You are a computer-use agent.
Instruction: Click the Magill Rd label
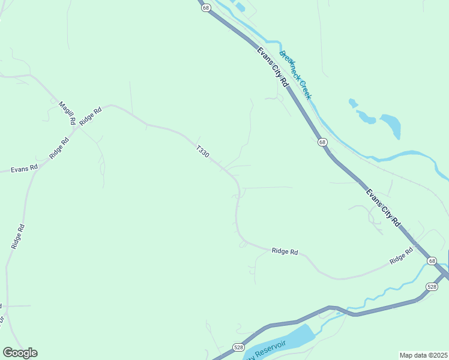click(67, 113)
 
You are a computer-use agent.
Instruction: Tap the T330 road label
click(202, 151)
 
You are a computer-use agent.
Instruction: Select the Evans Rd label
click(25, 169)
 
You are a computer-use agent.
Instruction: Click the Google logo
click(20, 353)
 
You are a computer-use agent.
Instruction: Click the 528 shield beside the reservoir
click(238, 347)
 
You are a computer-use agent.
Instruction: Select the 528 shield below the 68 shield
click(432, 287)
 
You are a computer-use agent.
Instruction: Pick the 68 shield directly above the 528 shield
click(432, 261)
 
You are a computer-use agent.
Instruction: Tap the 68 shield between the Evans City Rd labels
click(323, 142)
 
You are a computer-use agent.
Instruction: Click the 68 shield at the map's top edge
click(206, 8)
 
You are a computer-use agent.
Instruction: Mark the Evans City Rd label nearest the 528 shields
click(383, 208)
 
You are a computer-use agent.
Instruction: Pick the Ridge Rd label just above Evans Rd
click(60, 148)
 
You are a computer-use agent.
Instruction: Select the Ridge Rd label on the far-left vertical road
click(18, 236)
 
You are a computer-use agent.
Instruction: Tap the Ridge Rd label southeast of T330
click(285, 252)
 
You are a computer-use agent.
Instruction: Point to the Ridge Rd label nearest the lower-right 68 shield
click(401, 256)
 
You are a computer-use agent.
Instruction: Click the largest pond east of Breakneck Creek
click(390, 125)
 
